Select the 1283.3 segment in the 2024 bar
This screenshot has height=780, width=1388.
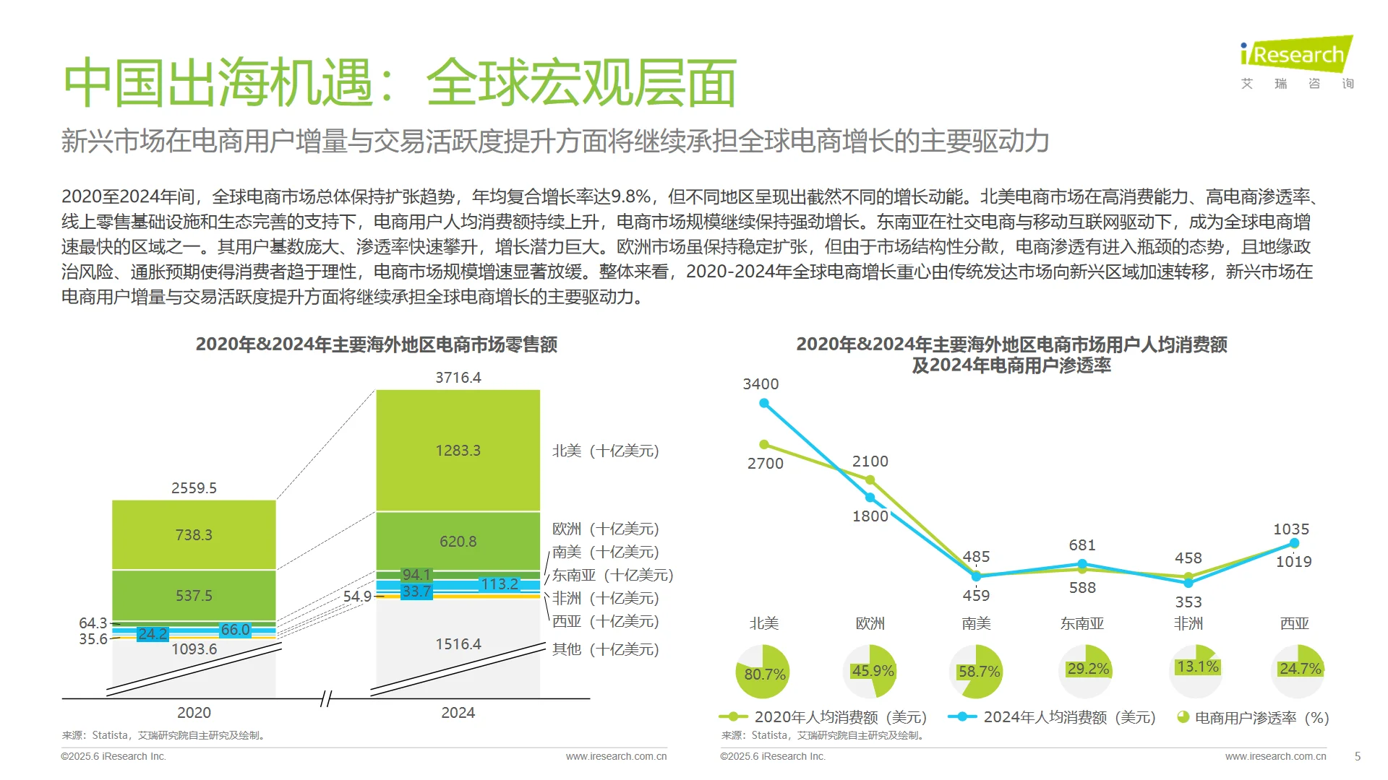pyautogui.click(x=458, y=451)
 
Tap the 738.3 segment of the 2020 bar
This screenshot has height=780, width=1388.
pyautogui.click(x=194, y=535)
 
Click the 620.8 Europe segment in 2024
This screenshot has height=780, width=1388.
pyautogui.click(x=458, y=541)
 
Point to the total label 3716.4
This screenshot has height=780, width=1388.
pyautogui.click(x=458, y=378)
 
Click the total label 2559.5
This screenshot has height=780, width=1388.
pyautogui.click(x=194, y=488)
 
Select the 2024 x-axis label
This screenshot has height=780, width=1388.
pyautogui.click(x=458, y=713)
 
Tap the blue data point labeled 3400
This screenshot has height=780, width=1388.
pyautogui.click(x=764, y=403)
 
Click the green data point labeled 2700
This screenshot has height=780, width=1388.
pyautogui.click(x=764, y=444)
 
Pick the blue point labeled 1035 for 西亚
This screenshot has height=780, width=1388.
pyautogui.click(x=1294, y=543)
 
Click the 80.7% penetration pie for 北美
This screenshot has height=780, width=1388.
pyautogui.click(x=763, y=672)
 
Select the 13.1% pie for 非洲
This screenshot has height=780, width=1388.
pyautogui.click(x=1196, y=671)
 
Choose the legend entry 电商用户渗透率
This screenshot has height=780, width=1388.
pyautogui.click(x=1253, y=717)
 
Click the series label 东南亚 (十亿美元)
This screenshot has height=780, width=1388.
pyautogui.click(x=612, y=575)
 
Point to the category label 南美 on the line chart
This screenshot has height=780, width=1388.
pyautogui.click(x=976, y=623)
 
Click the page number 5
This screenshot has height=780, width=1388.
pyautogui.click(x=1357, y=756)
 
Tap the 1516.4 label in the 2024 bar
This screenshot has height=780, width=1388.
pyautogui.click(x=458, y=644)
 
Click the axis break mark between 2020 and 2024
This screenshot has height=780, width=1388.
pyautogui.click(x=326, y=698)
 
